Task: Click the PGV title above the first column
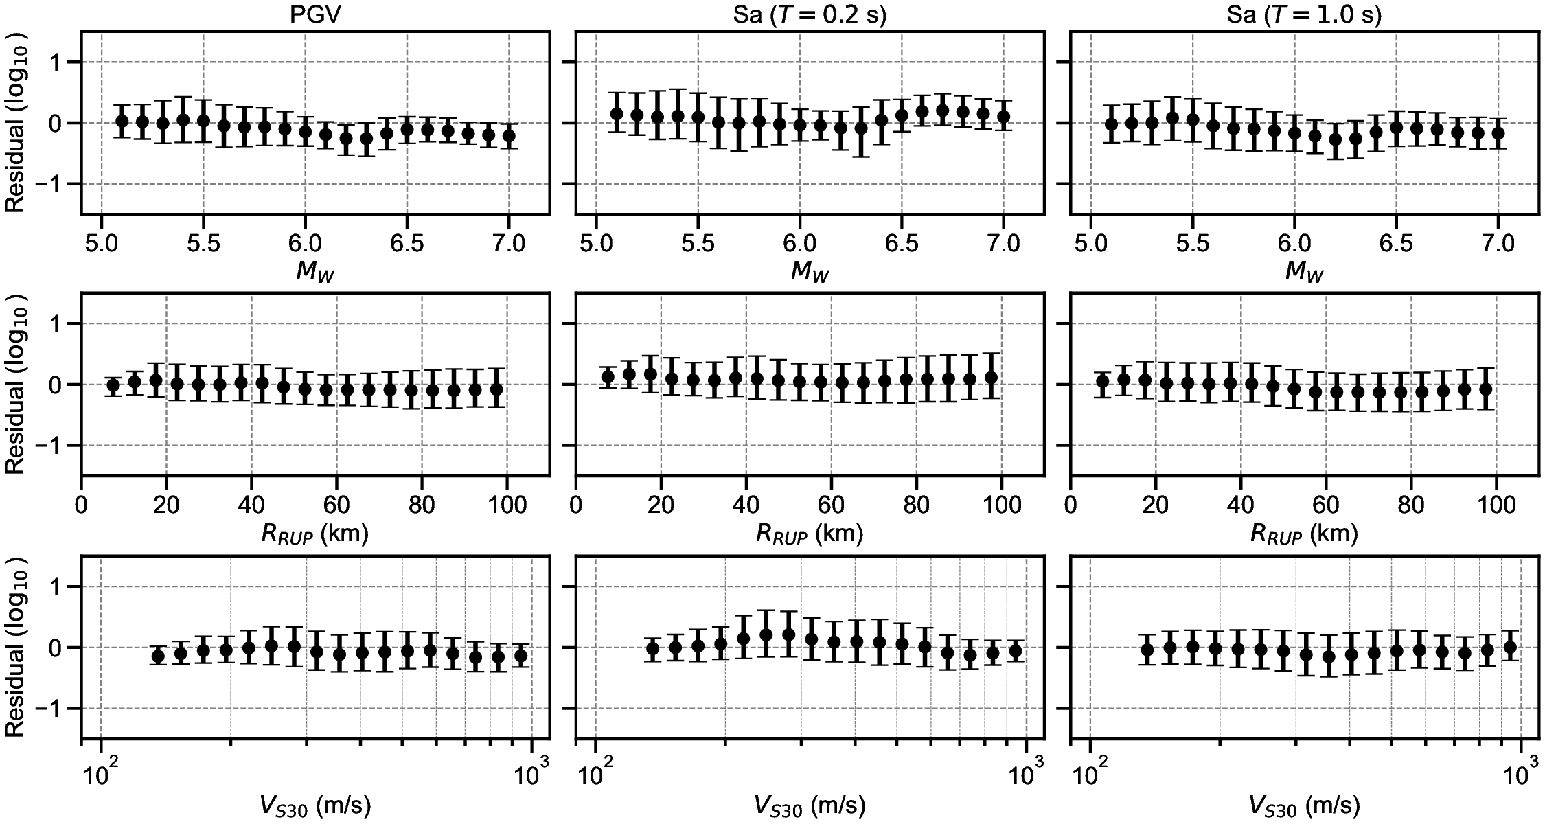tap(314, 15)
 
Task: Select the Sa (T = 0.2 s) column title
tap(810, 15)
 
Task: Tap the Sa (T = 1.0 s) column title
tap(1304, 15)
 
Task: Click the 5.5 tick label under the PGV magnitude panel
tap(203, 244)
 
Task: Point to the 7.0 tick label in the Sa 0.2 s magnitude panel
tap(1003, 244)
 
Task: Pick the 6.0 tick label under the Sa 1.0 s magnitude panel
tap(1294, 244)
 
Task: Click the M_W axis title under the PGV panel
tap(315, 273)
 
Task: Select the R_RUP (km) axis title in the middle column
tap(810, 534)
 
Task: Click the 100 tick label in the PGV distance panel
tap(506, 505)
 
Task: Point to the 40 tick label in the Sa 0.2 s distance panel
tap(746, 505)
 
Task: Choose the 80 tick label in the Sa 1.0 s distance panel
tap(1411, 505)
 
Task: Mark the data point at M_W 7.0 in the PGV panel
tap(508, 136)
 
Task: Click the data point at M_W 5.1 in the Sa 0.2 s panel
tap(617, 114)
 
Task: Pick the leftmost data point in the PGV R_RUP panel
tap(113, 385)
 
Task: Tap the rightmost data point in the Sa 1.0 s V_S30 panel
tap(1510, 647)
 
